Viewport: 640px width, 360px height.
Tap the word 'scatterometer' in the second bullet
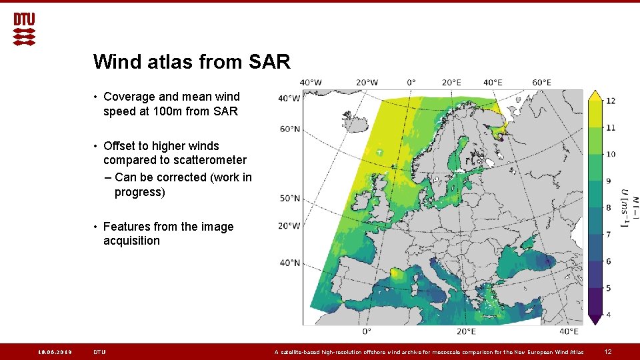click(209, 160)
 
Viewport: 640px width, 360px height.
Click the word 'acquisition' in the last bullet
click(131, 241)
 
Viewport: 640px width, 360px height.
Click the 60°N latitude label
click(289, 129)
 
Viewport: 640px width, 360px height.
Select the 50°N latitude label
click(289, 198)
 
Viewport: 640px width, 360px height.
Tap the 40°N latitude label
click(289, 263)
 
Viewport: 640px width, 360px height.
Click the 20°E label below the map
click(466, 331)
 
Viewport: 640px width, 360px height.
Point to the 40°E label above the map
click(493, 83)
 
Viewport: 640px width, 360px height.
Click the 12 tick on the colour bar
click(610, 101)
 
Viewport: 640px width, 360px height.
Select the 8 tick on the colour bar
click(608, 207)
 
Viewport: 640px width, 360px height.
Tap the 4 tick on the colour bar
click(608, 314)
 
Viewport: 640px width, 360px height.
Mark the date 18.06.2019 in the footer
click(55, 352)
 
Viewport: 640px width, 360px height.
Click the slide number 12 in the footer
click(607, 352)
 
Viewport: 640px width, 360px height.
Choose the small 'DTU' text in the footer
click(100, 352)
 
